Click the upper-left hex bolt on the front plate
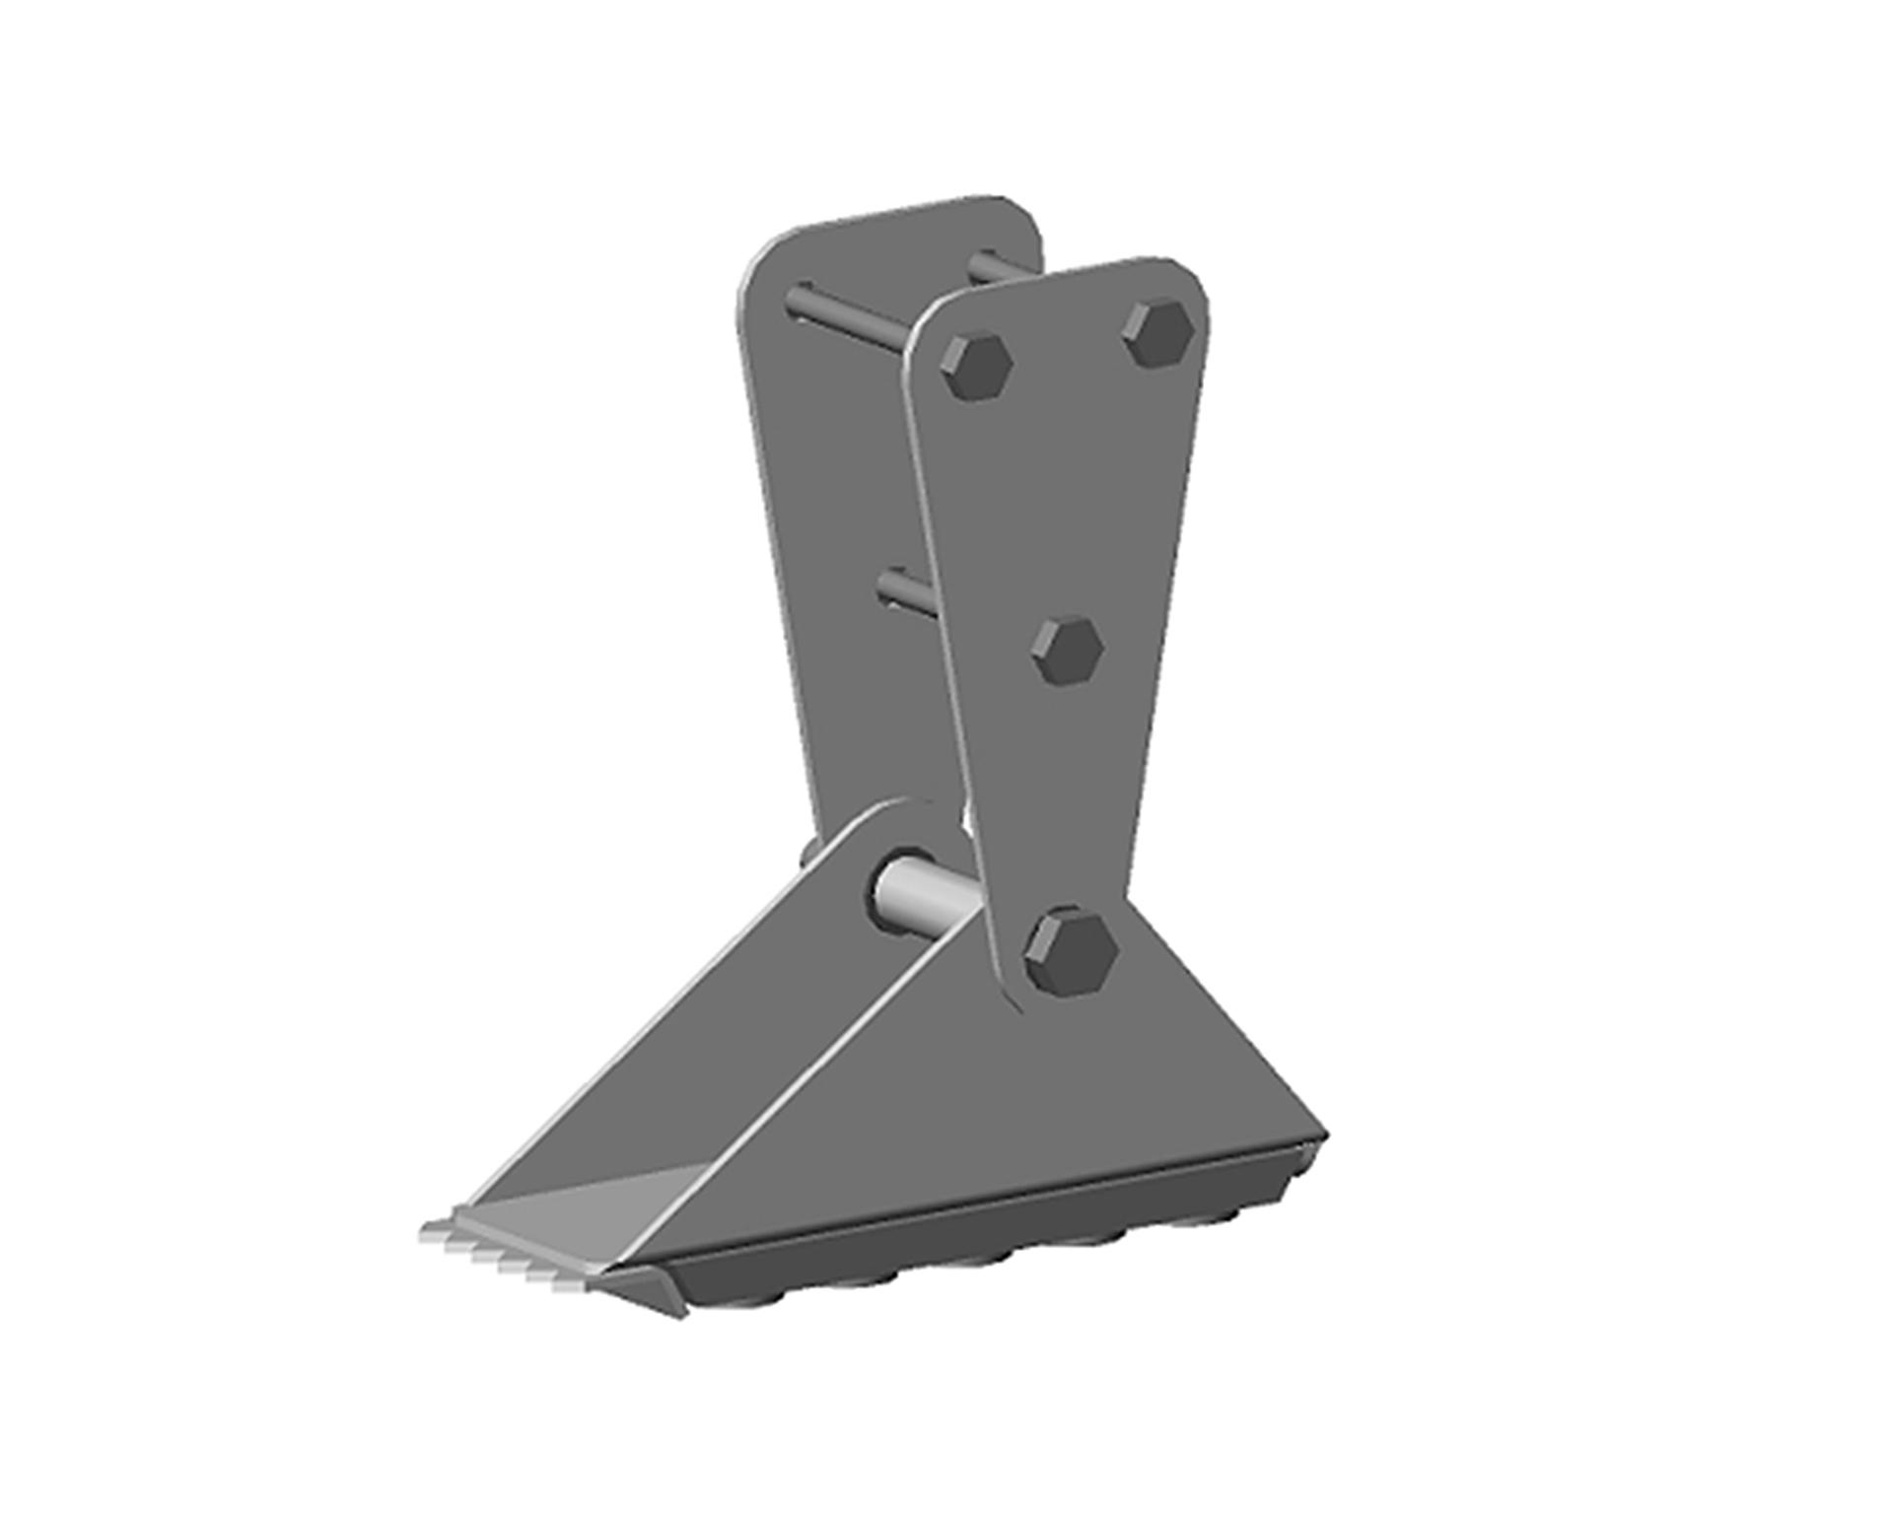[976, 366]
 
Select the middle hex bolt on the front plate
[1067, 651]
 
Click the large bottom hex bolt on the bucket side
[1070, 952]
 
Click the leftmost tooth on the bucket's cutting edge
[434, 1230]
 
